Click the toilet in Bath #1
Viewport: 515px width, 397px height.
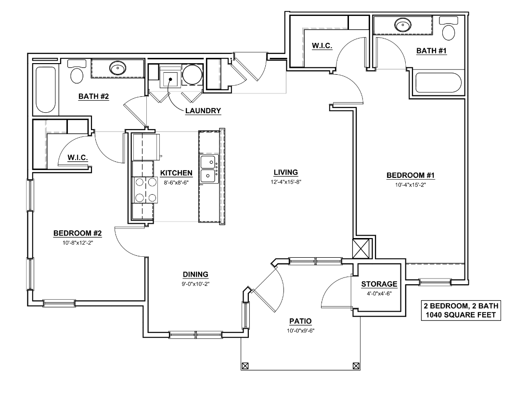[449, 30]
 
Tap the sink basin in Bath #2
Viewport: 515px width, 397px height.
[117, 68]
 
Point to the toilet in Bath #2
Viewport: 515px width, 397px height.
[77, 73]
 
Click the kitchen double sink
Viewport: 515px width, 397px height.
[208, 169]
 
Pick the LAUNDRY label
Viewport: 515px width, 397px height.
[203, 111]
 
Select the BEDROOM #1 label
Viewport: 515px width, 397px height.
[407, 175]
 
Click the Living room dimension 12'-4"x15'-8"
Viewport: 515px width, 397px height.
[286, 182]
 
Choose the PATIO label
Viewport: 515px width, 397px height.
[300, 321]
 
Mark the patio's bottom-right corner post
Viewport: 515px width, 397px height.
[356, 365]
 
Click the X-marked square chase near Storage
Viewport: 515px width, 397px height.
[361, 249]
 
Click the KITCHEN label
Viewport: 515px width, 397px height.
[177, 173]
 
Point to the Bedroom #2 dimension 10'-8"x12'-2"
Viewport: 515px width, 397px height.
[77, 243]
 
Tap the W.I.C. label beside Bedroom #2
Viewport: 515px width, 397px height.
[77, 157]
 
